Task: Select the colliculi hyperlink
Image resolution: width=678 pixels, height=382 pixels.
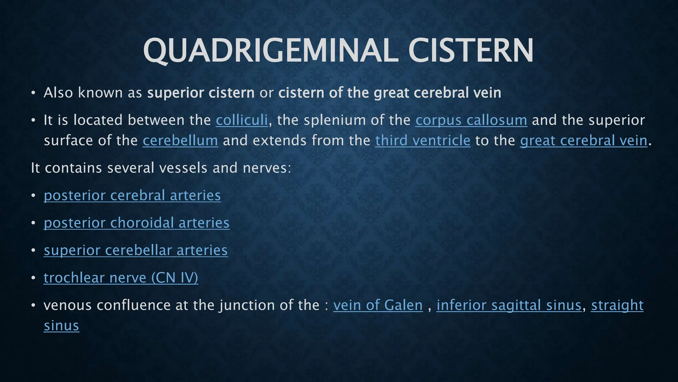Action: (242, 120)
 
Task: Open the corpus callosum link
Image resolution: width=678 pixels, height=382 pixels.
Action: (471, 120)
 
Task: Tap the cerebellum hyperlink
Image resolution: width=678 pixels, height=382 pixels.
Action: (180, 141)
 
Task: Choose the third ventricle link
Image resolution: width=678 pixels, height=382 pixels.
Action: (423, 141)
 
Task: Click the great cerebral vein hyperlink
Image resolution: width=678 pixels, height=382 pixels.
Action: (583, 141)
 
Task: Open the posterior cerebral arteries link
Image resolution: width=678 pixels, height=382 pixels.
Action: (132, 195)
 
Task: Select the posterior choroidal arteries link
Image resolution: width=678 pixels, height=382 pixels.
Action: (136, 223)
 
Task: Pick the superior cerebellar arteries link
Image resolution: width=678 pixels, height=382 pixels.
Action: (135, 250)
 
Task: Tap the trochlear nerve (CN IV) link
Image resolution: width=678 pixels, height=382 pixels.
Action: (121, 278)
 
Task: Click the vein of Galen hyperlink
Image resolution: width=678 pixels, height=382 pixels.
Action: (378, 305)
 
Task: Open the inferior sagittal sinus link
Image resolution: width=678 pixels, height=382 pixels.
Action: (509, 305)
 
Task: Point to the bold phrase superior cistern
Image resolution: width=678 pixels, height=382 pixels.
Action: (201, 93)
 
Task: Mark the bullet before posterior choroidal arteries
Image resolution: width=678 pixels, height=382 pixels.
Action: (33, 223)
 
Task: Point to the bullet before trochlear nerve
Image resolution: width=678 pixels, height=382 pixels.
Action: (33, 278)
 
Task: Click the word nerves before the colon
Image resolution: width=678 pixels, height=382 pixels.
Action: (265, 168)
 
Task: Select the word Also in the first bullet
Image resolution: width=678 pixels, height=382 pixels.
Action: (58, 93)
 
